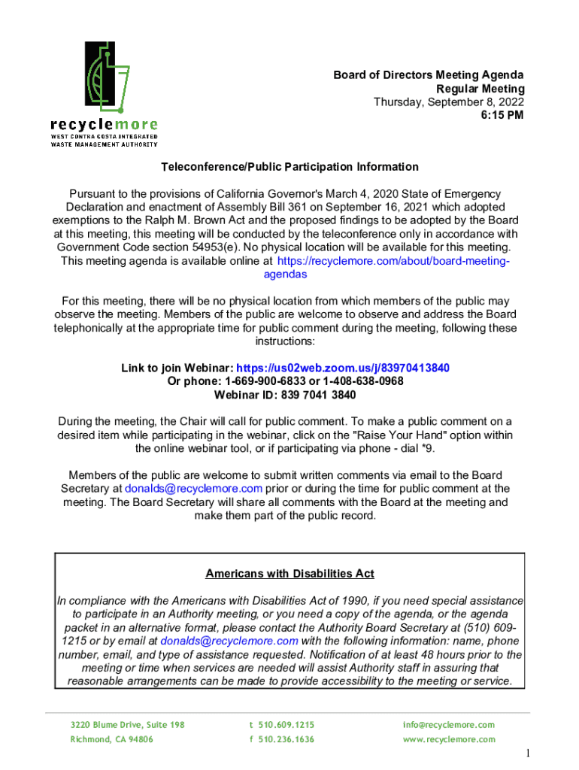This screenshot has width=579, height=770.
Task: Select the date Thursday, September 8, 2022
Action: click(x=449, y=102)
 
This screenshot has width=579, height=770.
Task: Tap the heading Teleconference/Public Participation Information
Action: click(x=289, y=167)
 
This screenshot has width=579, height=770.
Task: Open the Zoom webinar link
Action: click(x=343, y=368)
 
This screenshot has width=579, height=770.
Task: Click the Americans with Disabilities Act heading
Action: click(x=289, y=574)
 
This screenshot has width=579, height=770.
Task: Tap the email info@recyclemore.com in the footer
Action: click(x=449, y=725)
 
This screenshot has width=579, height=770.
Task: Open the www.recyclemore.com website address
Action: click(x=449, y=739)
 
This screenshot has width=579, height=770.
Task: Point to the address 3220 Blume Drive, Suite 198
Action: click(x=127, y=725)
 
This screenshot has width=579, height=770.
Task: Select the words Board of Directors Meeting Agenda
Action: click(x=429, y=75)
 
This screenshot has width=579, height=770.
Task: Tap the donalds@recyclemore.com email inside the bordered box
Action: click(x=229, y=641)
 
